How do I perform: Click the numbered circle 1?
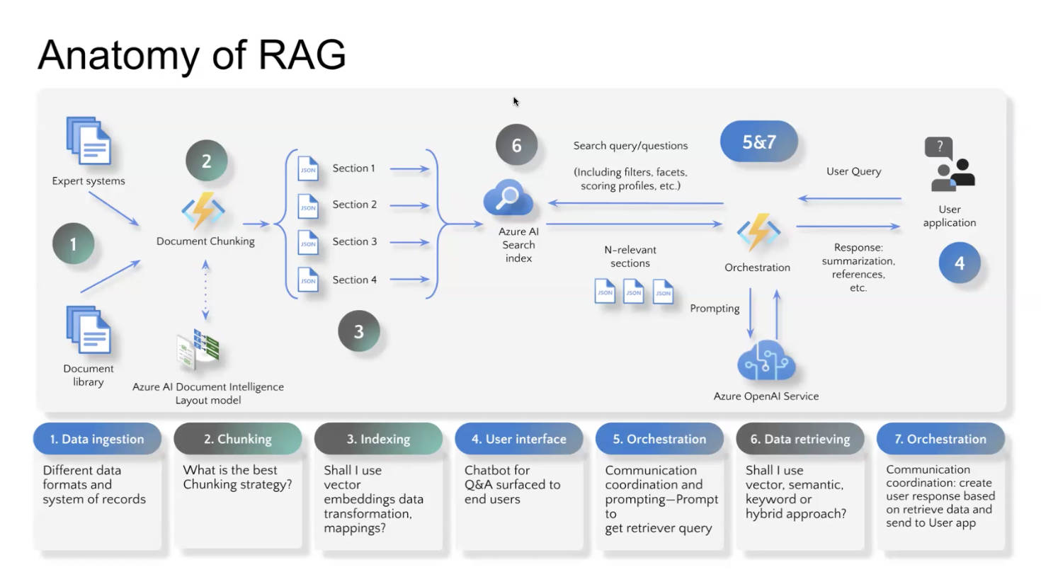click(73, 244)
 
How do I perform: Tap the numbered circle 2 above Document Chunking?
click(206, 161)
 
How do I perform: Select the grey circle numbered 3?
click(358, 331)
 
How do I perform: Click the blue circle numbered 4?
click(959, 263)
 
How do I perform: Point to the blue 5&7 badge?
click(758, 142)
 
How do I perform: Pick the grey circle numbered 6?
click(516, 145)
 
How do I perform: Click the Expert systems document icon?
click(89, 141)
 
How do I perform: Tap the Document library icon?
click(89, 330)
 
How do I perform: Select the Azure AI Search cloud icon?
click(508, 198)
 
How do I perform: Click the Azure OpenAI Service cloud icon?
click(766, 362)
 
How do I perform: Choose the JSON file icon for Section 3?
click(308, 242)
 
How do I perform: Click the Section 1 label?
click(353, 168)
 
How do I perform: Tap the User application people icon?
click(951, 166)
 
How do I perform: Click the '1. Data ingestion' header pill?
click(97, 439)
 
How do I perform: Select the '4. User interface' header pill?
click(518, 439)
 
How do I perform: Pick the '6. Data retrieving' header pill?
click(800, 439)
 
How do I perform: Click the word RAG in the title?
click(302, 55)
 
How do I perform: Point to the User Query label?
click(853, 171)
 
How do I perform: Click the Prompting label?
click(715, 309)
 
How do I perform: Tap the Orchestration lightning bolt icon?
click(758, 231)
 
